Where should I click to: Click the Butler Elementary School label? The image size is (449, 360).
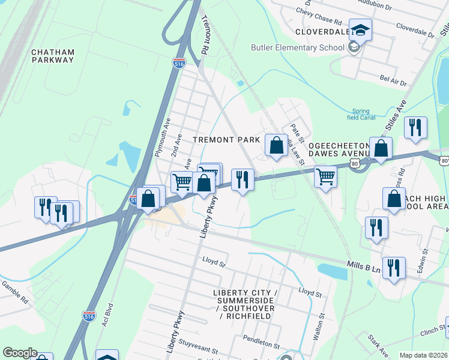[298, 47]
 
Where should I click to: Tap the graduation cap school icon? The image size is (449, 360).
[360, 30]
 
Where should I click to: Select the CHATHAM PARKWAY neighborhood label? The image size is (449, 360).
[53, 56]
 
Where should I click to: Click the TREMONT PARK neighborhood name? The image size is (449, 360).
[226, 139]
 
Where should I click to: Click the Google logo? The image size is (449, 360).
[19, 353]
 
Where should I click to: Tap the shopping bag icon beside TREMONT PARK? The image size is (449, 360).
[276, 145]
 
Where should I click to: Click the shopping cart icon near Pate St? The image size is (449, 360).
[325, 176]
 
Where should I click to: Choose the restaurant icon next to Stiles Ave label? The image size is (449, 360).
[415, 128]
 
